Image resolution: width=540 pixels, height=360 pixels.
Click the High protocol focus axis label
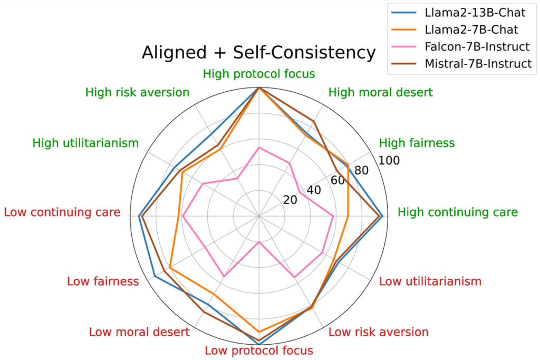[x=259, y=74]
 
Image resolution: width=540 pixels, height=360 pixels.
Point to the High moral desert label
[x=380, y=92]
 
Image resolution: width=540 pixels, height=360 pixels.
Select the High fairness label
[x=417, y=143]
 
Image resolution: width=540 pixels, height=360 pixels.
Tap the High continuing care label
[x=457, y=212]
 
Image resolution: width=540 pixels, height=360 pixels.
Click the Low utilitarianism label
[x=430, y=281]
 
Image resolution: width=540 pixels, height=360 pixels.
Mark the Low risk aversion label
[x=378, y=332]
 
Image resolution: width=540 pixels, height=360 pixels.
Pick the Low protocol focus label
[x=259, y=351]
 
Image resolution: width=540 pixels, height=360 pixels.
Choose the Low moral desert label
[x=139, y=332]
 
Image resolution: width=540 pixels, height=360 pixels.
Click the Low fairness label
[x=103, y=281]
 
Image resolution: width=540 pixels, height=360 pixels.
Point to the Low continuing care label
[x=62, y=212]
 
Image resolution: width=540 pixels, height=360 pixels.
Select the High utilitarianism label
[x=85, y=143]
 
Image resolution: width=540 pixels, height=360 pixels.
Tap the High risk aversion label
[x=137, y=92]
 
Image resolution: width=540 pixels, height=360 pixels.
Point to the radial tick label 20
[x=290, y=200]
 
